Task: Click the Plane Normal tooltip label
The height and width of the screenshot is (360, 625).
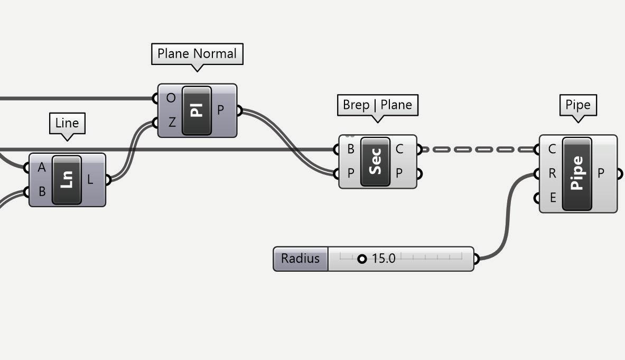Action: [197, 54]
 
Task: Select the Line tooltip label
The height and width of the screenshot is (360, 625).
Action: [67, 123]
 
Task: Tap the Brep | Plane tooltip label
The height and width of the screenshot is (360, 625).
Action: [377, 105]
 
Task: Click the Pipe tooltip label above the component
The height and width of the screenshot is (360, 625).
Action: [577, 105]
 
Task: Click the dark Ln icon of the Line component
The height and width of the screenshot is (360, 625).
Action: [67, 180]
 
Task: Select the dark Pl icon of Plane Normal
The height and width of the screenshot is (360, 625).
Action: [197, 111]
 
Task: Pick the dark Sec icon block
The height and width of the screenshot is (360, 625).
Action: [375, 162]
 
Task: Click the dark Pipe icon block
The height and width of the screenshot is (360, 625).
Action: [577, 173]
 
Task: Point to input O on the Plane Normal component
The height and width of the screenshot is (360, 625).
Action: [171, 98]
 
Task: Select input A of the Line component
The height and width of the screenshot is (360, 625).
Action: [41, 168]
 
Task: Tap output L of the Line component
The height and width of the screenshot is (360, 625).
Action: [90, 180]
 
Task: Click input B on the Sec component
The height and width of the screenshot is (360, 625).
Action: [350, 149]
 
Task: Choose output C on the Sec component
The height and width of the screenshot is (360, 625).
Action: [399, 149]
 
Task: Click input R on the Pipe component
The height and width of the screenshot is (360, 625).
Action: [552, 173]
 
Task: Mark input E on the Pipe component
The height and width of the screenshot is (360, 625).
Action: [553, 198]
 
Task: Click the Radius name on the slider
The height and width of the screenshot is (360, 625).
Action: [300, 259]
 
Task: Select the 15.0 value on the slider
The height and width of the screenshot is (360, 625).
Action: [384, 259]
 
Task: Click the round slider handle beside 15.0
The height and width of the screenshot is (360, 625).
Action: [362, 259]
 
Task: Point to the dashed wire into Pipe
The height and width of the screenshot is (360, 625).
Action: [478, 150]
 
